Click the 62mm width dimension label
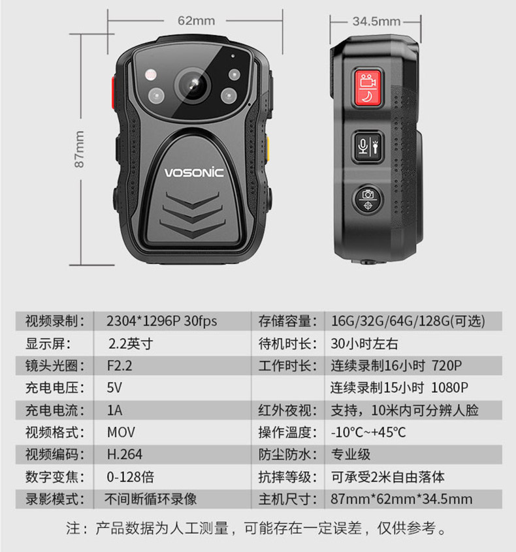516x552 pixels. click(x=197, y=21)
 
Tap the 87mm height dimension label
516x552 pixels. click(x=80, y=149)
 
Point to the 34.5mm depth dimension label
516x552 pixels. click(x=376, y=22)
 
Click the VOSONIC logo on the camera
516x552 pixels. click(x=194, y=172)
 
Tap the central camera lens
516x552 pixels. click(x=193, y=85)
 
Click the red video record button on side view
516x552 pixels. click(x=368, y=87)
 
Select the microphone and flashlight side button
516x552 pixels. click(x=368, y=147)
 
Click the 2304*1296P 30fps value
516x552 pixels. click(x=162, y=321)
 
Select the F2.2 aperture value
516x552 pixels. click(x=120, y=366)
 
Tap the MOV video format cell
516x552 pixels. click(x=121, y=433)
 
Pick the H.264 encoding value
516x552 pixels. click(x=124, y=455)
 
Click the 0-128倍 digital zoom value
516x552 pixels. click(x=131, y=477)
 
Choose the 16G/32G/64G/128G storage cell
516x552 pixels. click(x=408, y=321)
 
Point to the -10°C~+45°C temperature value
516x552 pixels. click(x=368, y=433)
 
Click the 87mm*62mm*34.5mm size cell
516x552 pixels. click(x=402, y=499)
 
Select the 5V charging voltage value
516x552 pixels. click(x=114, y=388)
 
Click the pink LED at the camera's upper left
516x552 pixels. click(x=151, y=74)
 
